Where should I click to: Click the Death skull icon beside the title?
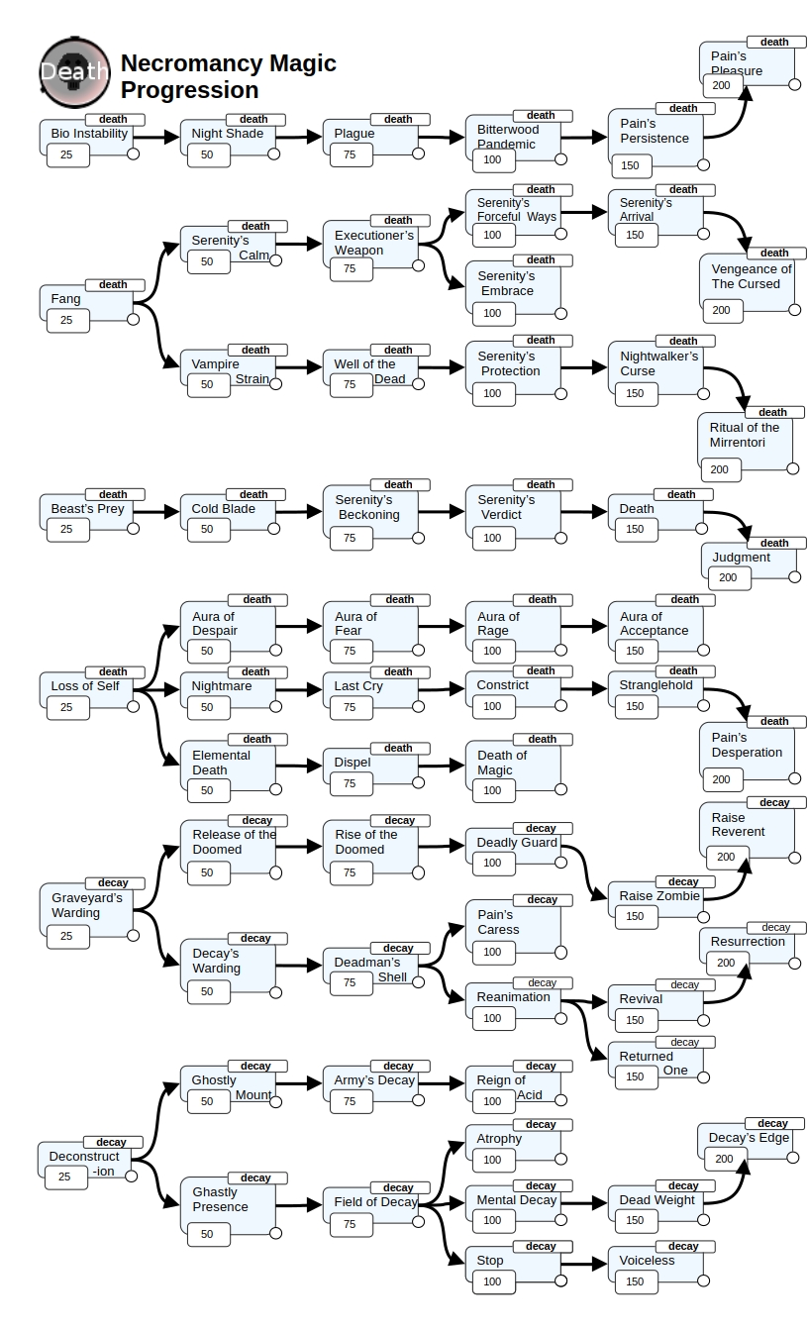75,72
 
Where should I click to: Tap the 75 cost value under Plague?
350,154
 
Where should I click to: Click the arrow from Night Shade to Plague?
299,137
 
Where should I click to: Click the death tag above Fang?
114,284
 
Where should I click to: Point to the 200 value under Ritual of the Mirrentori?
719,469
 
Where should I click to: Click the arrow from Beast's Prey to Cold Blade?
156,512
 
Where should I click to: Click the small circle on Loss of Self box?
134,706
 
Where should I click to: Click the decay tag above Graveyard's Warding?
114,882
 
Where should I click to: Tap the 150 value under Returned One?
635,1076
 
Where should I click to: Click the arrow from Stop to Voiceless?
584,1264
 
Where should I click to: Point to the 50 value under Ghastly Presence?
207,1234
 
